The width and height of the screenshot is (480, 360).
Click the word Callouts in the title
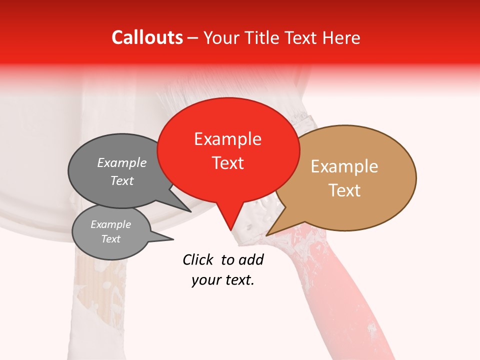pos(147,37)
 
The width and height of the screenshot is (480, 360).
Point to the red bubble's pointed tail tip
pos(231,230)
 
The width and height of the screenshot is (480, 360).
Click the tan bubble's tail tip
pos(267,235)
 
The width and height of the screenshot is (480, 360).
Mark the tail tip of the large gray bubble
pos(191,211)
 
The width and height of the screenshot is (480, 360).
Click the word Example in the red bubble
pos(227,138)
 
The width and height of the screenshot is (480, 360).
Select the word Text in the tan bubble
pos(344,190)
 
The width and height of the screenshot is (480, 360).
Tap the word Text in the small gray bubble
pos(111,239)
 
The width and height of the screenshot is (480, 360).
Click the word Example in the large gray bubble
pos(122,162)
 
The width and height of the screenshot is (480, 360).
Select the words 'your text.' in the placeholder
pos(223,280)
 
